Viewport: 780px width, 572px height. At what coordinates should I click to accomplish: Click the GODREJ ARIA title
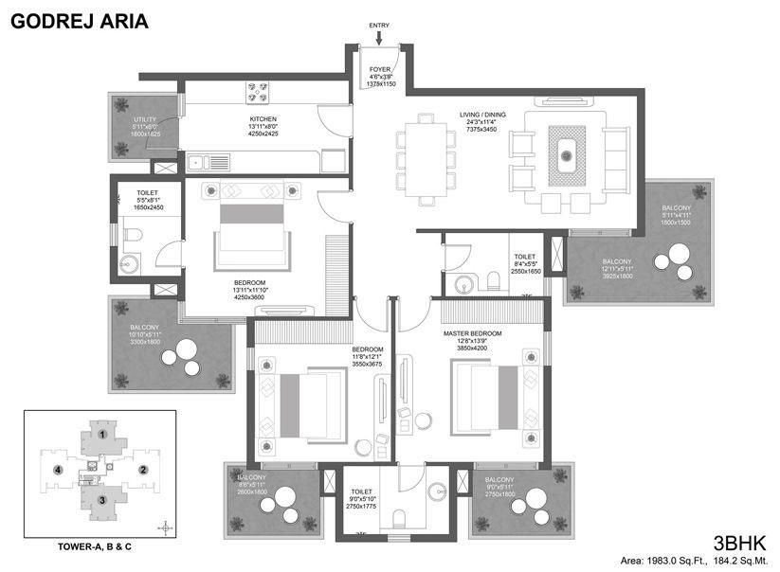80,20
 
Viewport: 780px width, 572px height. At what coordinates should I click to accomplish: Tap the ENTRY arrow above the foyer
379,37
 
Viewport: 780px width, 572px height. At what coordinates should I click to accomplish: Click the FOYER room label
380,68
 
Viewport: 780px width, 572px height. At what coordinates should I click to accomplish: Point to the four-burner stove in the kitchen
257,92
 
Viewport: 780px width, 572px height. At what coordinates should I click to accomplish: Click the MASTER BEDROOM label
472,334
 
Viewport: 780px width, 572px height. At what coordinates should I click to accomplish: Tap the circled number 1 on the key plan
100,435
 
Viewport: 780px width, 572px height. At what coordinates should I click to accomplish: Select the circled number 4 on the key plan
58,469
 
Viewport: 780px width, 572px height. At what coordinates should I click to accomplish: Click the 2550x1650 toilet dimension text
525,271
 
